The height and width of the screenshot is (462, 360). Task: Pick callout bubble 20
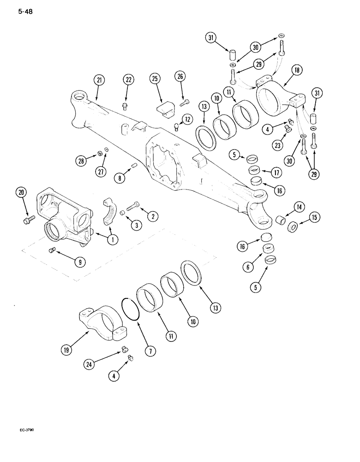[20, 193]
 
